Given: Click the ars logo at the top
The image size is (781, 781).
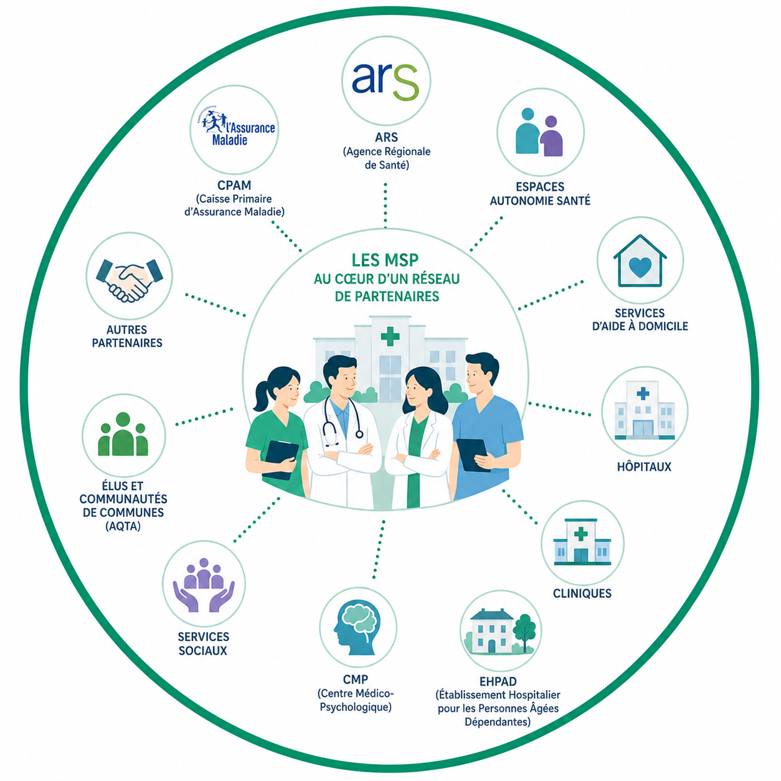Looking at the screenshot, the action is [x=385, y=81].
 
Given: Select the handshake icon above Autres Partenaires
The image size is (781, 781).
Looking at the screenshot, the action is [x=130, y=280].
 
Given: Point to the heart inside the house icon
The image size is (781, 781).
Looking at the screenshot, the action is [x=640, y=267].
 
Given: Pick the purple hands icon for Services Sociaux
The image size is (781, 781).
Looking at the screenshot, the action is [x=204, y=585].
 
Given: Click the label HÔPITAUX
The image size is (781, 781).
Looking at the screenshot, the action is [x=644, y=466].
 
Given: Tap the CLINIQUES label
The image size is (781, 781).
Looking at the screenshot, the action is [x=582, y=594].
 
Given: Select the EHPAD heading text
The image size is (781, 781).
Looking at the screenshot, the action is [x=498, y=682].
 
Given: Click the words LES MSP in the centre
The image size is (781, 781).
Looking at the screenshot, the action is [x=385, y=260].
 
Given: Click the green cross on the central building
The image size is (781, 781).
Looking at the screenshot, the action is [x=390, y=336].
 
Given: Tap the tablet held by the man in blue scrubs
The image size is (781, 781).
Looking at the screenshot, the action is [x=472, y=455].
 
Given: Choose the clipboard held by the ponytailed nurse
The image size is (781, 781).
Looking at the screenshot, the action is [x=280, y=460].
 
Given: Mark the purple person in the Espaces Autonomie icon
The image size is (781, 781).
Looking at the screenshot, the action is [x=551, y=136].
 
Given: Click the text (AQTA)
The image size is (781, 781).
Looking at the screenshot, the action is [x=123, y=526].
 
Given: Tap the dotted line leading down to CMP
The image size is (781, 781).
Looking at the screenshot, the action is [x=379, y=549].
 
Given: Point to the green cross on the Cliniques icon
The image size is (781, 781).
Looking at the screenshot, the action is [x=581, y=534].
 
